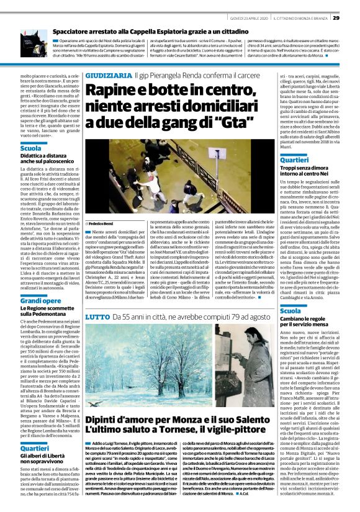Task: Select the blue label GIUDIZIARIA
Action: click(x=108, y=75)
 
